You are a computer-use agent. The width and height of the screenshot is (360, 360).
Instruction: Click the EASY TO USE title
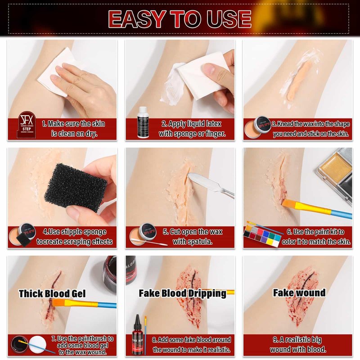tap(180, 19)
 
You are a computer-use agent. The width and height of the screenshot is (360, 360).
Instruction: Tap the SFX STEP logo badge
tap(27, 125)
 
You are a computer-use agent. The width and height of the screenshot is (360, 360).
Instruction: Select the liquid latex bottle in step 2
tap(143, 122)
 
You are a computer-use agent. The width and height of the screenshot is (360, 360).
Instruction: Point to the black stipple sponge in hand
tap(76, 187)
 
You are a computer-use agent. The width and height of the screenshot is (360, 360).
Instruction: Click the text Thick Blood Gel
tap(52, 294)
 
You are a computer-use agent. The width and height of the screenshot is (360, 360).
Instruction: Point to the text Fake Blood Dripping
tap(183, 293)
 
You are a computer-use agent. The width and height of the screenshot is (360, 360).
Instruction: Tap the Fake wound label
tap(299, 293)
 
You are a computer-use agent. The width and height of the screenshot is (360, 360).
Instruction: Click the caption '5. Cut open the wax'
tap(193, 232)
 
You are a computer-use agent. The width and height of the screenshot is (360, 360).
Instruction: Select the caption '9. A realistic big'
tap(297, 340)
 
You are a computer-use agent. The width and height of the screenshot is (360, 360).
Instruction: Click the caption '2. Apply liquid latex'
tap(191, 124)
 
